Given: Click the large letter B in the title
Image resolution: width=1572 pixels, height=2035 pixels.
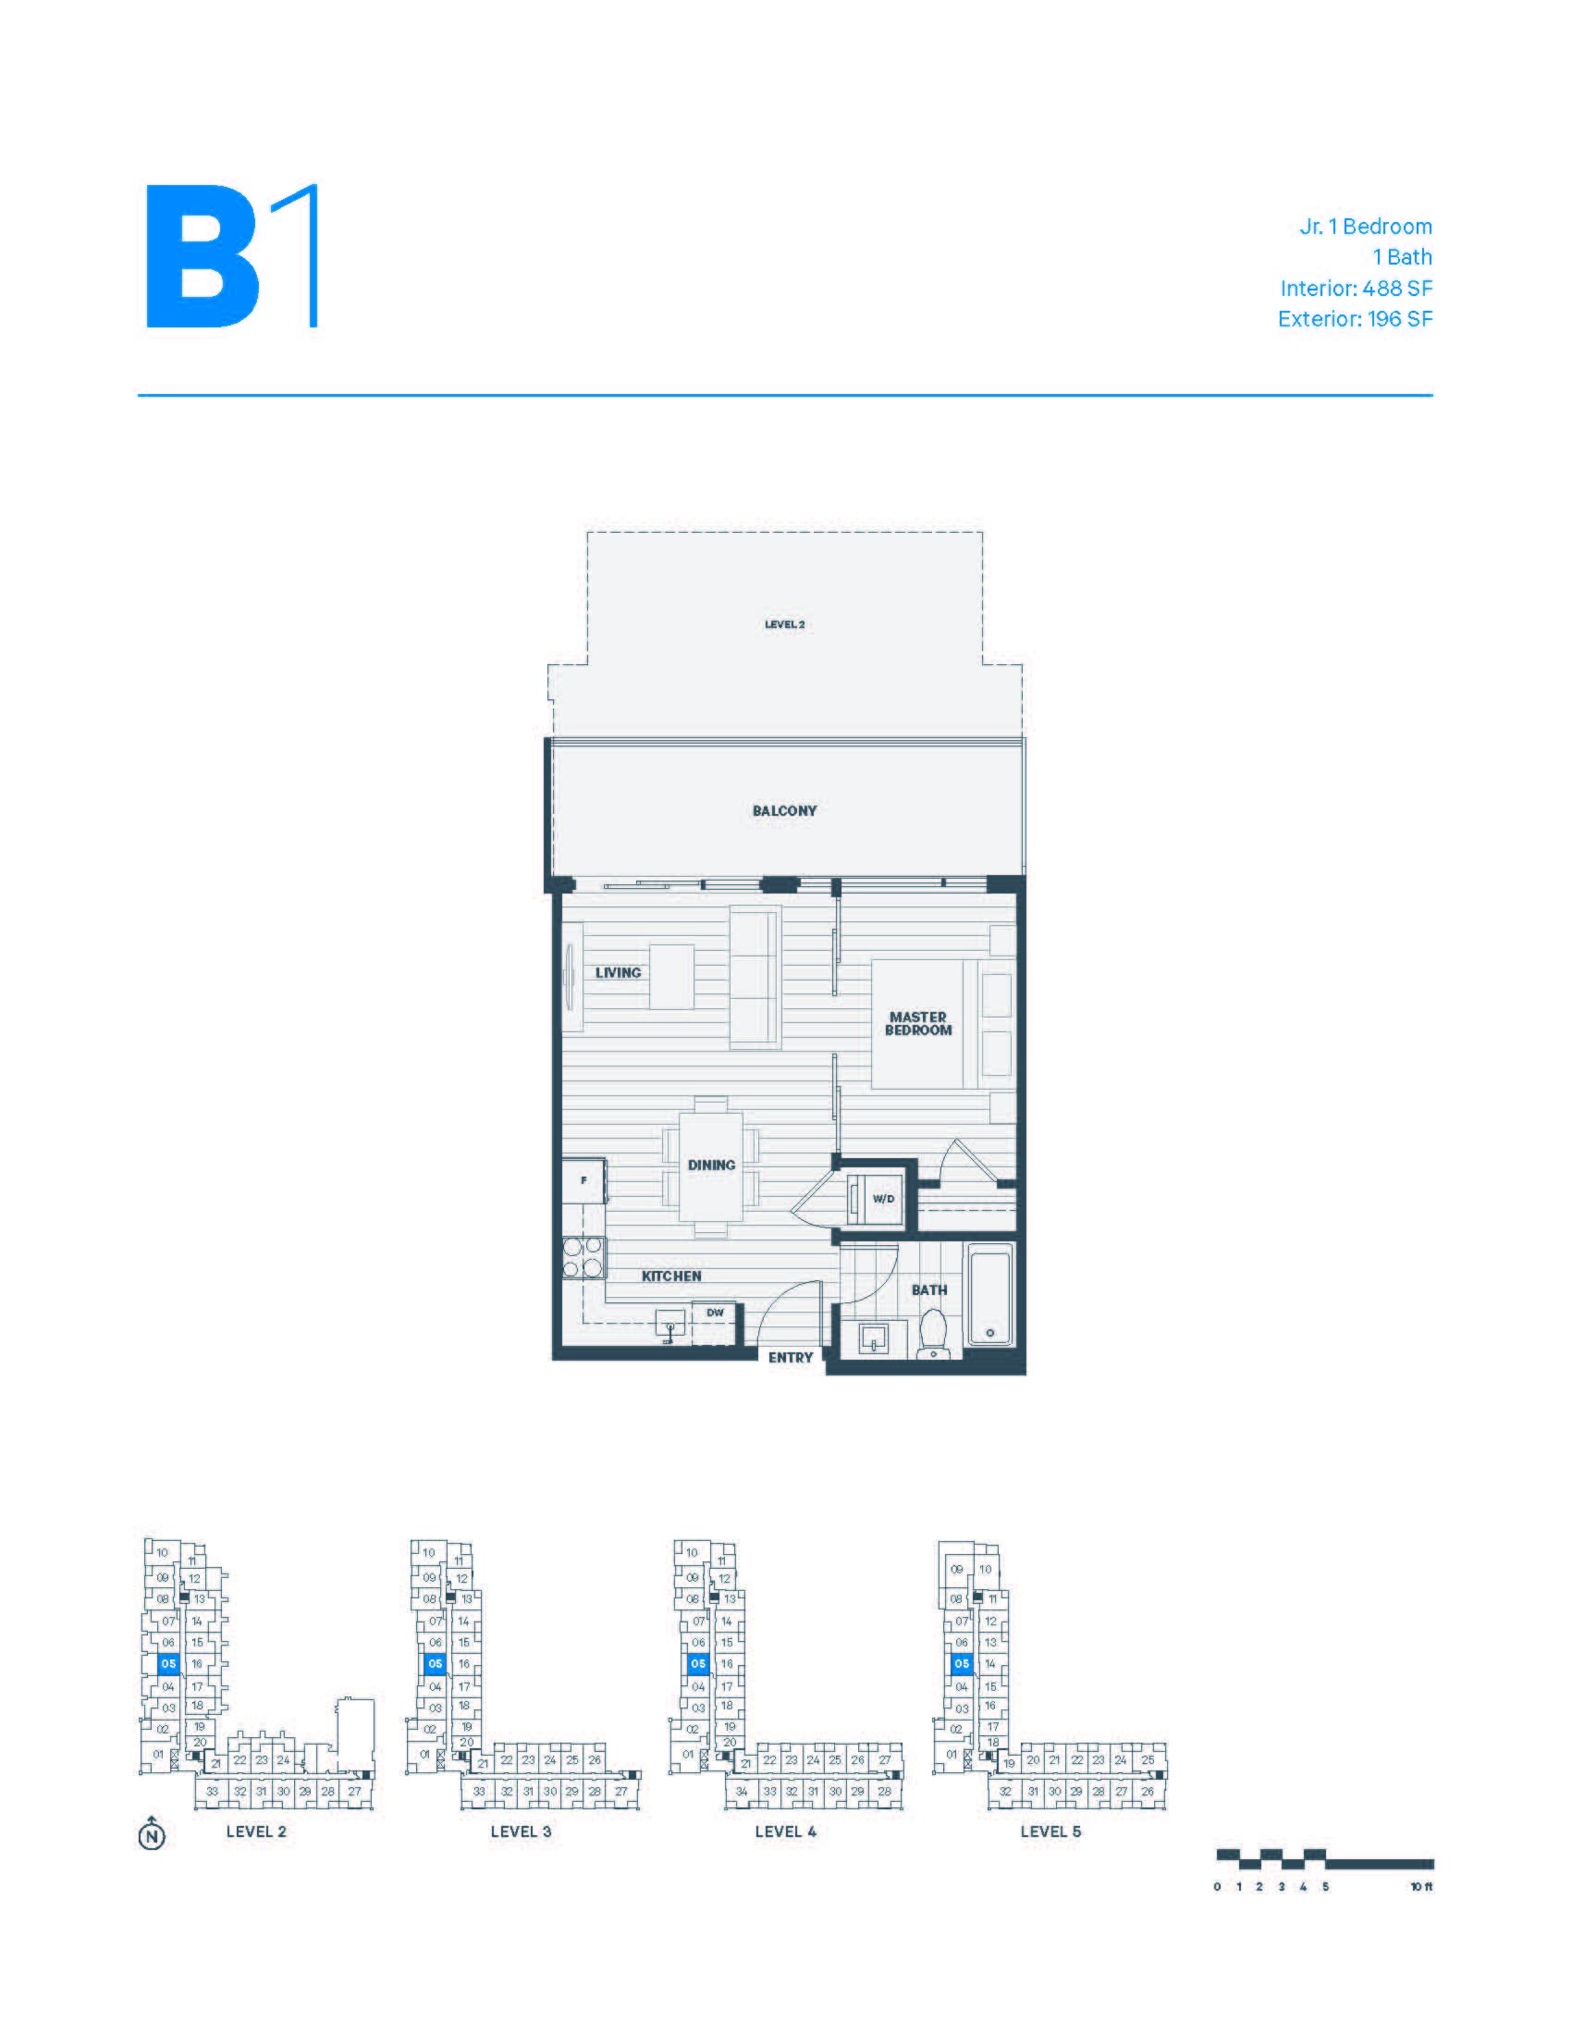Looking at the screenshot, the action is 203,256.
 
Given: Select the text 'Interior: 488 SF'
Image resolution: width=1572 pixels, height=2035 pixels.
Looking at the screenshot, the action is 1356,288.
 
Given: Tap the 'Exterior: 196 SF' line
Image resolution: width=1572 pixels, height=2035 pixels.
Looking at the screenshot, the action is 1355,319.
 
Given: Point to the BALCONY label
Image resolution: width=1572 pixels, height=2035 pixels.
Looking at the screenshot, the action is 784,810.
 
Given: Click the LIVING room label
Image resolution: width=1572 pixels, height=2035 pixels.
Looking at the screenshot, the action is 619,972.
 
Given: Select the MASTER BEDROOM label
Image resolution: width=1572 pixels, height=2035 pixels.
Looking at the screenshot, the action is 918,1023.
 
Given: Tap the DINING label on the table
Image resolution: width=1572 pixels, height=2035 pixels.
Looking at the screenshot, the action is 711,1165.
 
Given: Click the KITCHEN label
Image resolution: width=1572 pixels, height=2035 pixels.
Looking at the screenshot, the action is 671,1276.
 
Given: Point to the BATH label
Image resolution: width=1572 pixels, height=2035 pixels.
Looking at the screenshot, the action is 928,1289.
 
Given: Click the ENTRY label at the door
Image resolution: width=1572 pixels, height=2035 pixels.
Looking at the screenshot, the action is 791,1358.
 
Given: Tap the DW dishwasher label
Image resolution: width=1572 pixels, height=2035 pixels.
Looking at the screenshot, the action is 715,1312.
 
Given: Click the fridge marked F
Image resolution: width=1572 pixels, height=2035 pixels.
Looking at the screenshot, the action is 583,1180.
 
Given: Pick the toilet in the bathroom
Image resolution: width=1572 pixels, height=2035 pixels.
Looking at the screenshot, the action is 932,1332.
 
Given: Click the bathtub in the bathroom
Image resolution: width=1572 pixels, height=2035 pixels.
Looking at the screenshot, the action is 990,1296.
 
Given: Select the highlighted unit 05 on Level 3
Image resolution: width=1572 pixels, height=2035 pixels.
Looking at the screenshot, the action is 434,1663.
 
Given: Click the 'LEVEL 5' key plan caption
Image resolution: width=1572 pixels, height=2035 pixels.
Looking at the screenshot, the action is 1050,1831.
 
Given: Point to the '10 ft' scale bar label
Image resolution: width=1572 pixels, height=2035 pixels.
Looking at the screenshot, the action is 1421,1887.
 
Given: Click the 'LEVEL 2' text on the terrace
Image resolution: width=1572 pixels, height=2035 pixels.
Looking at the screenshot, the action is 784,624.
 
